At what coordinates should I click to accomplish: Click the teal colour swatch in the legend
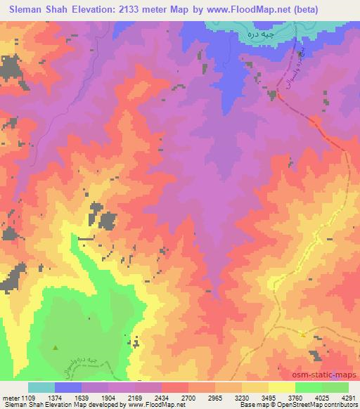[x=41, y=387]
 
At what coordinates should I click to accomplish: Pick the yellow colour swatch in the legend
[x=282, y=387]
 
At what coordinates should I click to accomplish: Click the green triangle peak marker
[x=56, y=346]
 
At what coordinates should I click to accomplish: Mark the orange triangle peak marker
[x=303, y=335]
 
